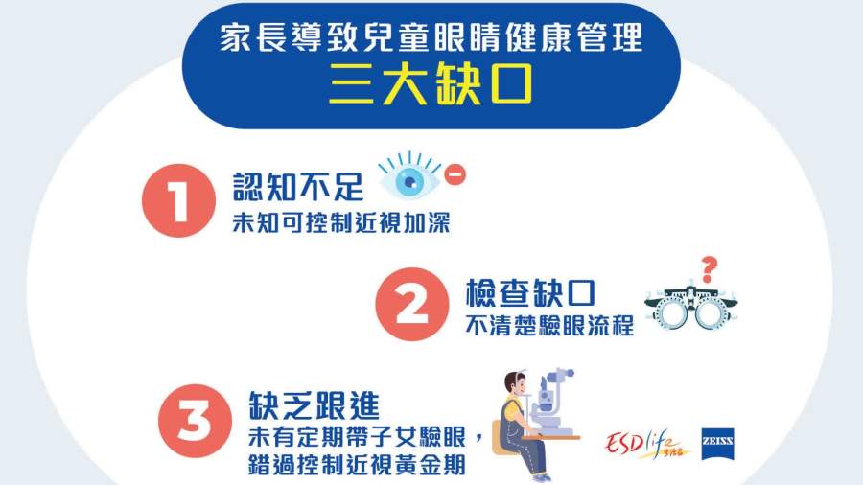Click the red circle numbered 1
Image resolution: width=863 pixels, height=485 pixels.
(x=178, y=200)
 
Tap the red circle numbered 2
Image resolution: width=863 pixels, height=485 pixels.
(x=412, y=304)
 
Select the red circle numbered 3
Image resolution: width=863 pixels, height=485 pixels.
(x=195, y=421)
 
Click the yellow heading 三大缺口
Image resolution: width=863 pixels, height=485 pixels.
(x=431, y=84)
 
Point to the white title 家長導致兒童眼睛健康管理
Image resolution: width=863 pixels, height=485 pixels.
(x=431, y=37)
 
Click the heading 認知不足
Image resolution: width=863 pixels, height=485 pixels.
(x=298, y=187)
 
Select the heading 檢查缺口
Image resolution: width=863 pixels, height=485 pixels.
(x=530, y=292)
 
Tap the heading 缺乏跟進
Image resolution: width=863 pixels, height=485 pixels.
(x=314, y=405)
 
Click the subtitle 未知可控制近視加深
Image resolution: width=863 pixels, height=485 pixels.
(x=341, y=222)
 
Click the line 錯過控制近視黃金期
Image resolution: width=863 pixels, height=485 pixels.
(x=357, y=465)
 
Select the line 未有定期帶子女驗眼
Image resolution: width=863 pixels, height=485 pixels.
(x=357, y=437)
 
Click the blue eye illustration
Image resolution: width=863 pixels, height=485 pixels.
(x=409, y=177)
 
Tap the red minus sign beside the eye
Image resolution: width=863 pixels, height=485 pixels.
(x=455, y=174)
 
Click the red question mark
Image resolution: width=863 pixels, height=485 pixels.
(x=710, y=269)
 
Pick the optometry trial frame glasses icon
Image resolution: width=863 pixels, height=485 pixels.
(x=691, y=308)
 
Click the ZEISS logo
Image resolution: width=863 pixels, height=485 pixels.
(x=717, y=444)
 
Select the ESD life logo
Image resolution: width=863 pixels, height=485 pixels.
(x=645, y=443)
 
